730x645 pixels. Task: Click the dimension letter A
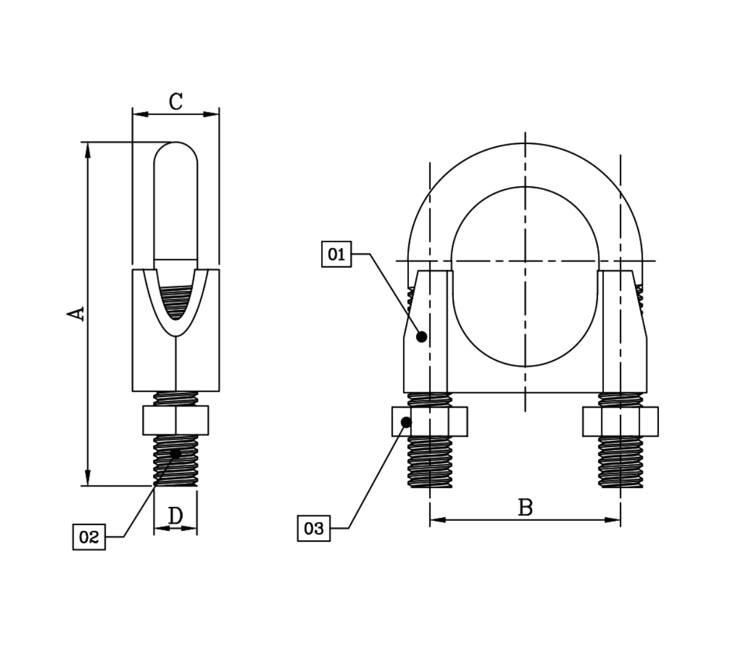pyautogui.click(x=76, y=314)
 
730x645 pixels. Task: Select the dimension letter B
pyautogui.click(x=525, y=508)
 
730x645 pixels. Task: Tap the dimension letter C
pyautogui.click(x=175, y=102)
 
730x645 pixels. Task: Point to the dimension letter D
pyautogui.click(x=175, y=515)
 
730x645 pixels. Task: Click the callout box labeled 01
pyautogui.click(x=336, y=254)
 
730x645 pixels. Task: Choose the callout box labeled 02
pyautogui.click(x=88, y=537)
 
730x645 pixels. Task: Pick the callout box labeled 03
pyautogui.click(x=313, y=529)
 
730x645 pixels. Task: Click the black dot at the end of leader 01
pyautogui.click(x=421, y=337)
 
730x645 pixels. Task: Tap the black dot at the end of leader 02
pyautogui.click(x=175, y=454)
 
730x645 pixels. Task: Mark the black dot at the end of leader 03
pyautogui.click(x=406, y=422)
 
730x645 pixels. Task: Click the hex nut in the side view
pyautogui.click(x=176, y=420)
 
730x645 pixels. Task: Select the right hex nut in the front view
pyautogui.click(x=621, y=422)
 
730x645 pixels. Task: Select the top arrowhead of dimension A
pyautogui.click(x=88, y=149)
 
